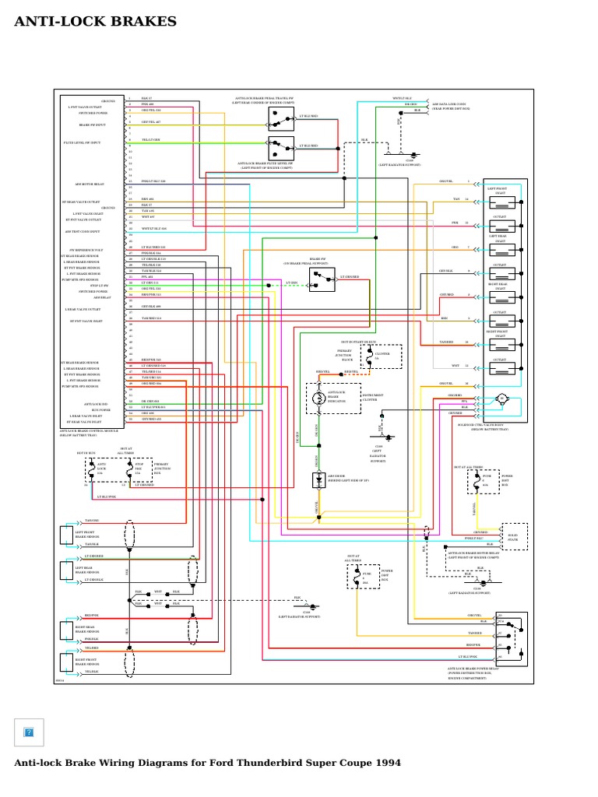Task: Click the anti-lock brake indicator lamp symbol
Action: coord(318,398)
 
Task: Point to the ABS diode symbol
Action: coord(318,480)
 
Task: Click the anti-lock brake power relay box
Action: coord(511,636)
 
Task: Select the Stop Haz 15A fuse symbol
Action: coord(127,469)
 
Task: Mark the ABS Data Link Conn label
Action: coord(449,106)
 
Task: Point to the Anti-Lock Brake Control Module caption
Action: coord(89,433)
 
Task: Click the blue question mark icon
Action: coord(29,732)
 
